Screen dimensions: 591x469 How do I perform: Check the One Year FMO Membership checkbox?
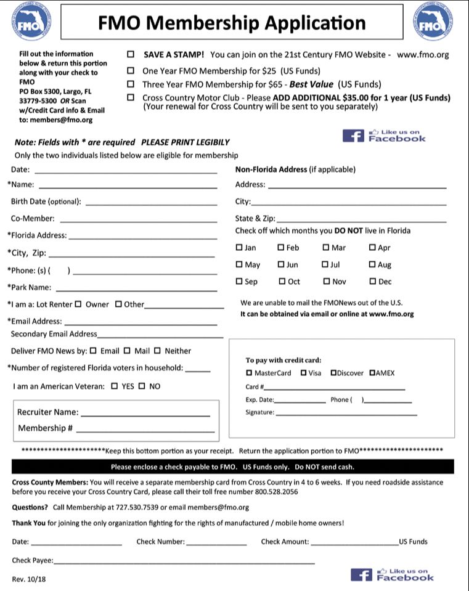coord(131,70)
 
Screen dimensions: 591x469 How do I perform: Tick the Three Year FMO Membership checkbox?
coord(131,84)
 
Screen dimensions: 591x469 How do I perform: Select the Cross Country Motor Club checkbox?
coord(131,97)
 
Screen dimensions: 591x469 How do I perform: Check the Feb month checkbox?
coord(281,248)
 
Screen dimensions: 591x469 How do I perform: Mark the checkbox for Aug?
coord(372,265)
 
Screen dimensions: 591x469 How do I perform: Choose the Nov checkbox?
coord(327,282)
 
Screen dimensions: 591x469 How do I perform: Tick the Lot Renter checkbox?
coord(78,304)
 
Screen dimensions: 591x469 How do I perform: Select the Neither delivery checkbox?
coord(157,351)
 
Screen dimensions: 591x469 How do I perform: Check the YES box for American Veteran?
coord(115,386)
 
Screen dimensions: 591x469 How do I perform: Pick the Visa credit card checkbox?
coord(304,373)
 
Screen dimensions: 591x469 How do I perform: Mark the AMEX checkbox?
coord(373,373)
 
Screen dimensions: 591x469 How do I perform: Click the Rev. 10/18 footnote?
coord(29,579)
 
